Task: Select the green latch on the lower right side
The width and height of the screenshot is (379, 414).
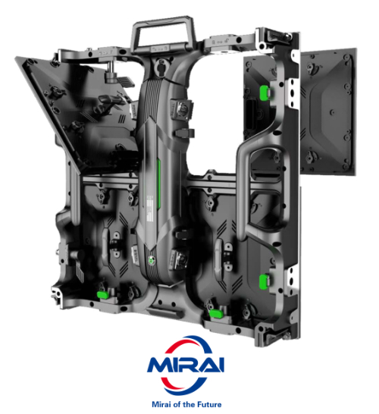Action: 264,281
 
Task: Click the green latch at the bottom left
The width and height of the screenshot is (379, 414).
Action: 102,295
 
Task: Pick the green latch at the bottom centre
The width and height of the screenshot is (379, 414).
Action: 216,313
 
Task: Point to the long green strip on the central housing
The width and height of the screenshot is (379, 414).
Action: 159,184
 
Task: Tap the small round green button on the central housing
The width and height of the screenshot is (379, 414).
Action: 151,261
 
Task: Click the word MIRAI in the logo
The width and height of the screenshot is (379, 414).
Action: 186,365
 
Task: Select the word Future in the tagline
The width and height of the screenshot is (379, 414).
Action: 208,404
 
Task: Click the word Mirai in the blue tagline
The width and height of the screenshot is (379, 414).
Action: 160,404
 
